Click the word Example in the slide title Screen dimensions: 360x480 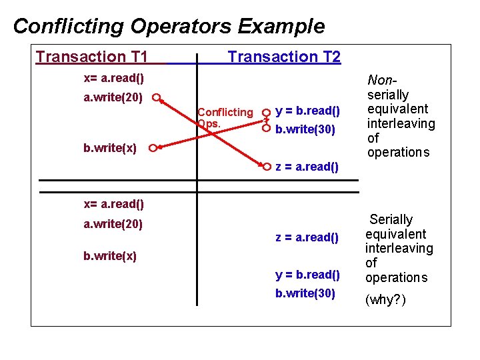point(281,26)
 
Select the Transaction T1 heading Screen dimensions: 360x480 point(91,57)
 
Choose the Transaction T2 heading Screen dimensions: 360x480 point(284,57)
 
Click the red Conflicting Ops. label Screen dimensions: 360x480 point(225,117)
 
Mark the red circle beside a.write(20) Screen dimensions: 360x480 point(155,98)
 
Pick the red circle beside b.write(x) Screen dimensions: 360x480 point(153,148)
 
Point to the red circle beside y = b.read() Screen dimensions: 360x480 point(266,112)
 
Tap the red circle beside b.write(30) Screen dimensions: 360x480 point(266,127)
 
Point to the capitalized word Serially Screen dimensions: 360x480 point(391,219)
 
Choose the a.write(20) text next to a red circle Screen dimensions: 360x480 point(113,98)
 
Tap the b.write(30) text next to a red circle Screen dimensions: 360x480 point(305,129)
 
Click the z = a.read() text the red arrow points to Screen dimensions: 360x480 point(307,167)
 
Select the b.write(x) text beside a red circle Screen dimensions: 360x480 point(110,148)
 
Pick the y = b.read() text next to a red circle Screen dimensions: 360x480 point(307,111)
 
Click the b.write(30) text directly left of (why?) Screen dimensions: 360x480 point(305,293)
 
